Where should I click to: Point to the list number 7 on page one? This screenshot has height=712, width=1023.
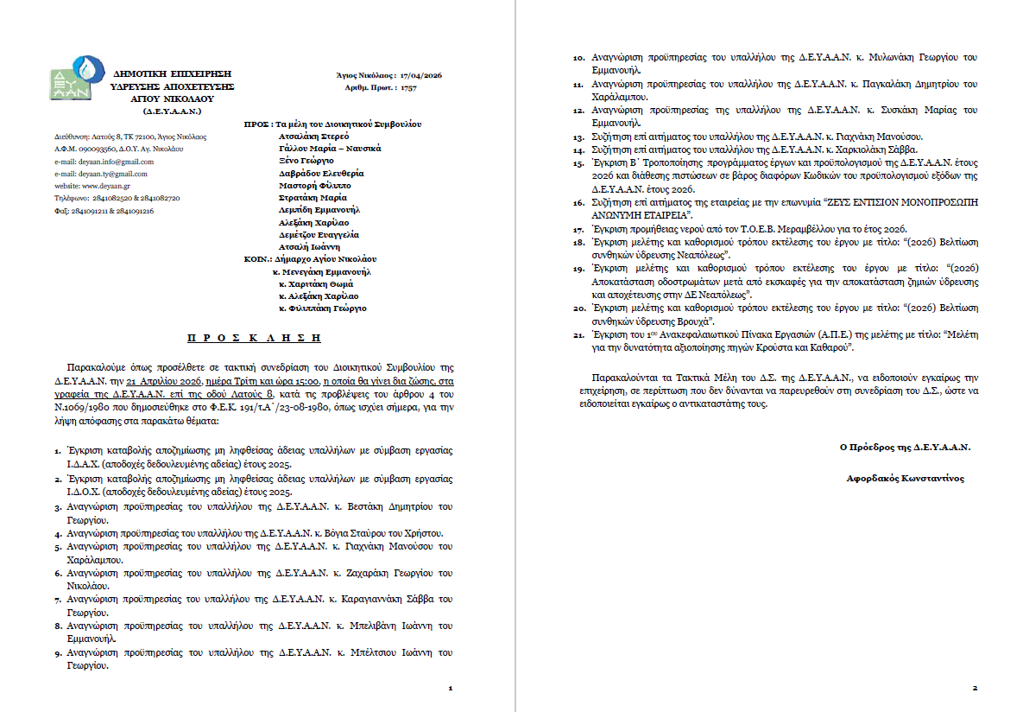click(x=56, y=599)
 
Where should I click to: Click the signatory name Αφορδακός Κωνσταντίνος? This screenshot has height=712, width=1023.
click(x=906, y=478)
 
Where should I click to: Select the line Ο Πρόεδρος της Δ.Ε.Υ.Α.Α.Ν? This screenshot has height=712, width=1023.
click(x=905, y=447)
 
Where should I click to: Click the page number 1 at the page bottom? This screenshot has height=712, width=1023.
click(x=451, y=689)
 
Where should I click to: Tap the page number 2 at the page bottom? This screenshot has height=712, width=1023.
click(x=974, y=689)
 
